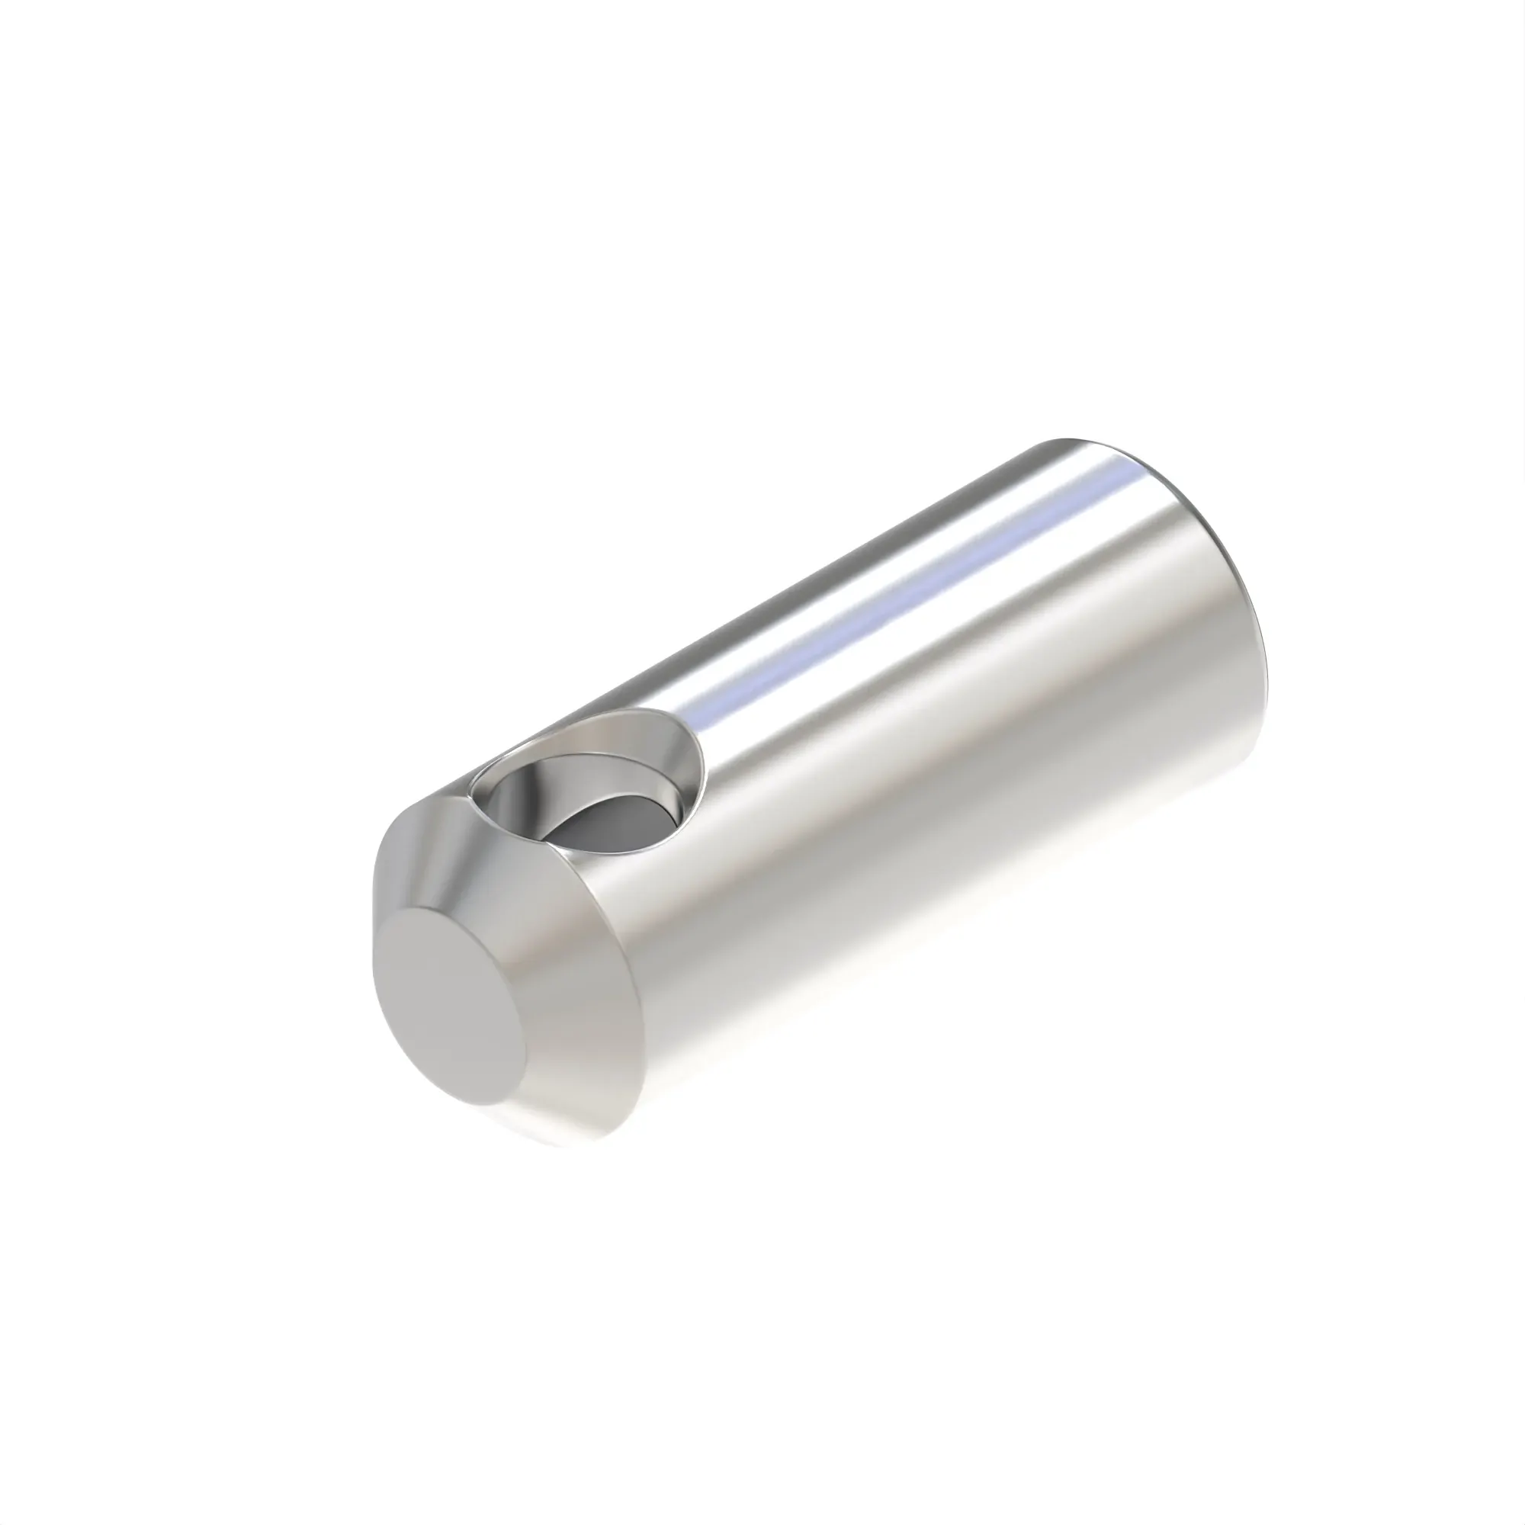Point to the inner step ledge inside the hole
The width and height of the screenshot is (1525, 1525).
(631, 778)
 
